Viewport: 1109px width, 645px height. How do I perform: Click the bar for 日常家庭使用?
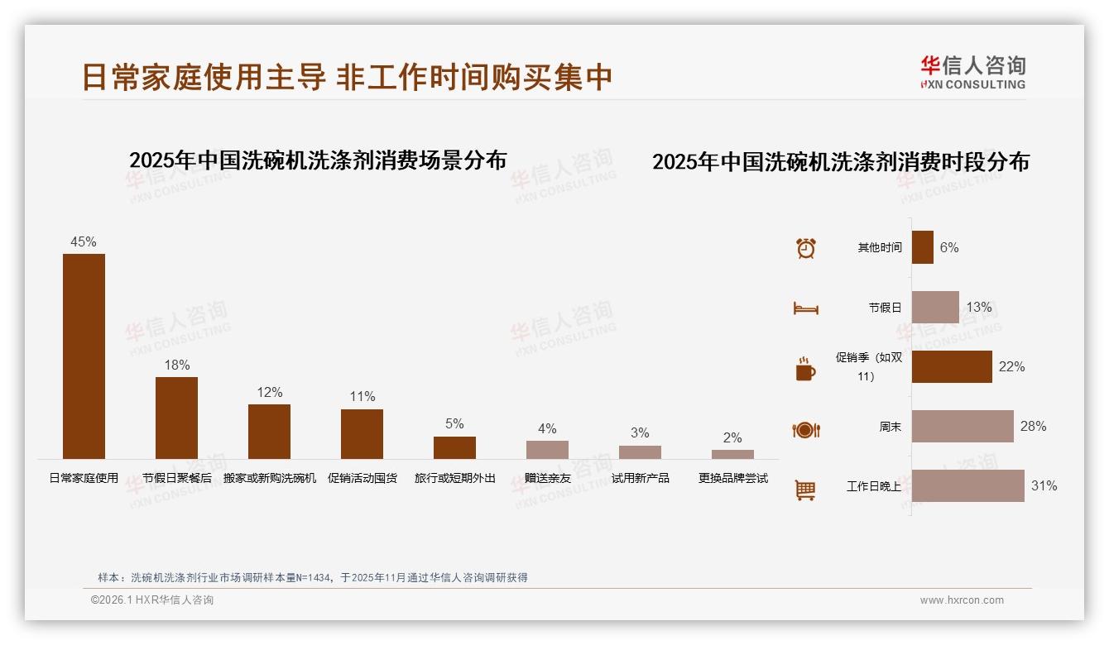coord(84,356)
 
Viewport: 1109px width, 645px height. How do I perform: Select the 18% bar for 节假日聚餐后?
coord(176,418)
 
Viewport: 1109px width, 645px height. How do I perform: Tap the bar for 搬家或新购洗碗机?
coord(269,431)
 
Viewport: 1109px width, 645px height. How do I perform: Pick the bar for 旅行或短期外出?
coord(454,447)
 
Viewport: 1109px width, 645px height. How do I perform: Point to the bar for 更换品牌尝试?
coord(732,454)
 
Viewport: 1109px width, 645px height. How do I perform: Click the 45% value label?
coord(84,241)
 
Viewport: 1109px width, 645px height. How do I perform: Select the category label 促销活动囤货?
coord(362,478)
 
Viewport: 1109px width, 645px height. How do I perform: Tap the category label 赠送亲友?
coord(547,478)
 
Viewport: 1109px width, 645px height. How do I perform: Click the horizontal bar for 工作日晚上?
coord(967,485)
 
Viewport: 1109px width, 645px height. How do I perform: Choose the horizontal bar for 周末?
coord(962,426)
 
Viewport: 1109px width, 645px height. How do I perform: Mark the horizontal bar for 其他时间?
coord(922,247)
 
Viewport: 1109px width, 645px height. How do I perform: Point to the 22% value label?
coord(1011,366)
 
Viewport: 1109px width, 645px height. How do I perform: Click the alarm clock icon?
coord(805,248)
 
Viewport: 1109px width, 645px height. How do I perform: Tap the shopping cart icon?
coord(805,490)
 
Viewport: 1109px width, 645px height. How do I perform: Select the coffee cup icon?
coord(805,369)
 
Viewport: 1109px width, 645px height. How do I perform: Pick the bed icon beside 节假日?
coord(805,308)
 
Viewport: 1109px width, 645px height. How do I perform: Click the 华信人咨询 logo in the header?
coord(972,72)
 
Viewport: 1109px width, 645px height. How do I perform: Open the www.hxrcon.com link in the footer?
coord(962,600)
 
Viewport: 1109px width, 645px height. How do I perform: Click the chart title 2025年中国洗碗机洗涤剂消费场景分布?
coord(318,160)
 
